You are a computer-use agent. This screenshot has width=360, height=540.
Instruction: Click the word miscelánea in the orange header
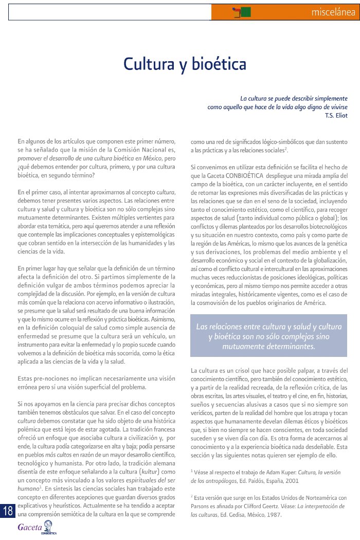334,12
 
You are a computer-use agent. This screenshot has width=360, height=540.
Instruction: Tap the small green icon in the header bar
245,11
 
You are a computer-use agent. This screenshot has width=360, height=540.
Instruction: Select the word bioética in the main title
219,64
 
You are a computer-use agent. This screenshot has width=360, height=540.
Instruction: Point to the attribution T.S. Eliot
336,115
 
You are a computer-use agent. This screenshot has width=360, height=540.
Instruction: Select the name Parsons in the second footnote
201,506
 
